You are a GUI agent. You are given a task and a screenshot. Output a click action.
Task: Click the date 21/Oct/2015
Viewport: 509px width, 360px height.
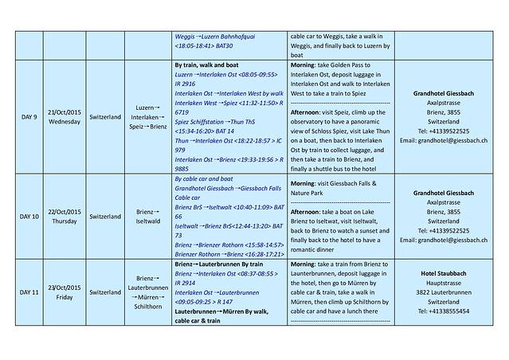tap(65, 112)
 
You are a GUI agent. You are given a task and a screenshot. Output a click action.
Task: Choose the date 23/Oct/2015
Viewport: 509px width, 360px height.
tap(65, 288)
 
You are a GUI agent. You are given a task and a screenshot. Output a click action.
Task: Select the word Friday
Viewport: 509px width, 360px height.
tap(65, 298)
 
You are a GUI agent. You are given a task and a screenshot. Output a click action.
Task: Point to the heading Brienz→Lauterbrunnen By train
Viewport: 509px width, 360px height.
tap(218, 264)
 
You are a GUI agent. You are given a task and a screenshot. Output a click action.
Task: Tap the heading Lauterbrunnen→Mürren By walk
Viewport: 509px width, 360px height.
tap(219, 311)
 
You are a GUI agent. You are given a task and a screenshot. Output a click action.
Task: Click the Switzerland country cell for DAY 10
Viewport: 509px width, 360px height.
tap(106, 215)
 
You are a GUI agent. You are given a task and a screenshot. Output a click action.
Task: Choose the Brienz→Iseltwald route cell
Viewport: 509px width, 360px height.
tap(150, 215)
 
